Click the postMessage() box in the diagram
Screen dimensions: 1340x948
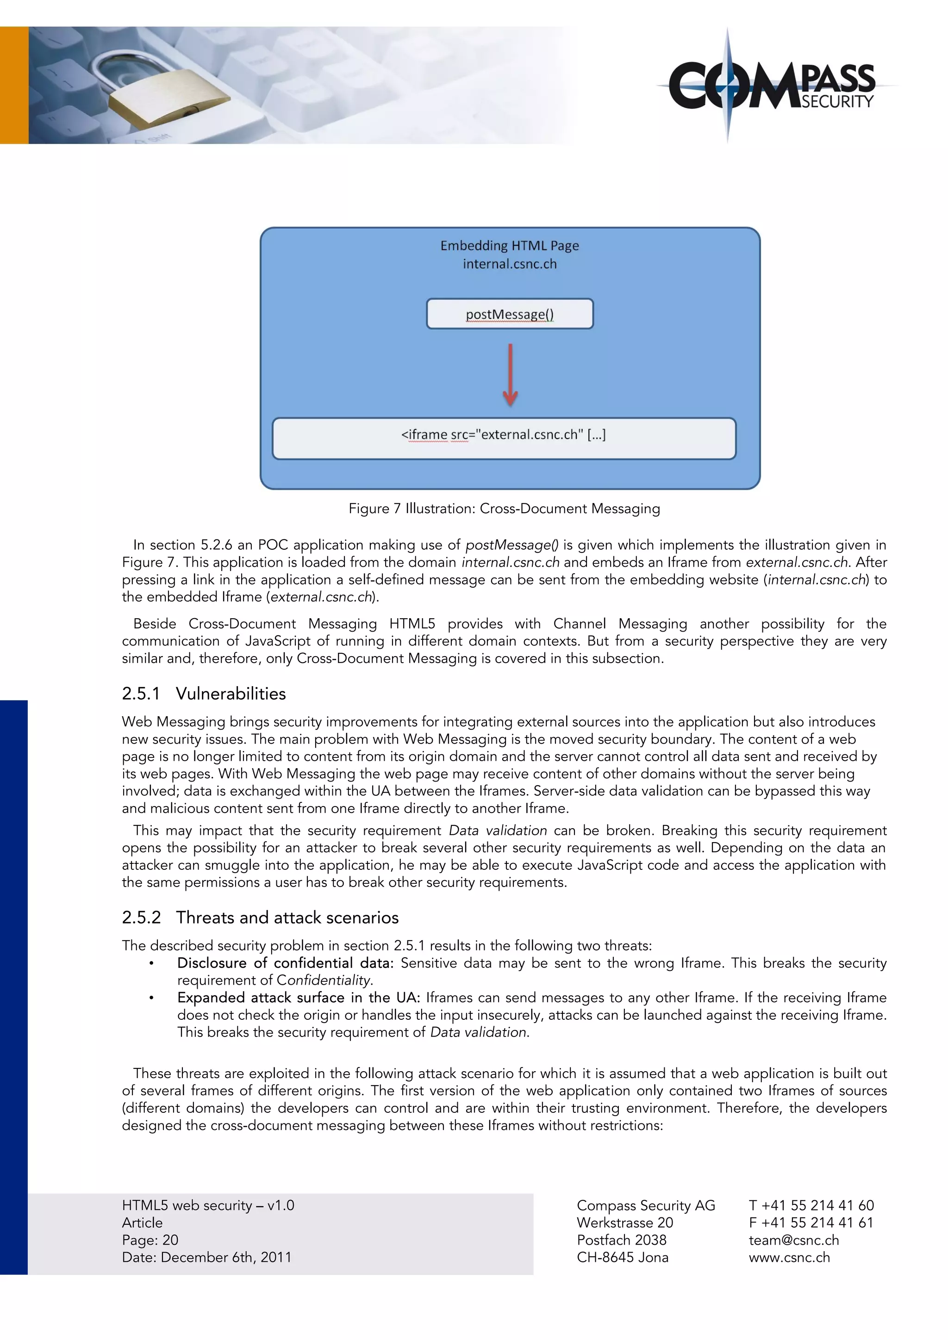(x=510, y=314)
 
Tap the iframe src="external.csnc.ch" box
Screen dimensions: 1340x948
(x=504, y=438)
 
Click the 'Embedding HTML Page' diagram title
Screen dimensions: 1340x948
(x=510, y=246)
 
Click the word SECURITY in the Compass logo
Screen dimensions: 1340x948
(x=837, y=101)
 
